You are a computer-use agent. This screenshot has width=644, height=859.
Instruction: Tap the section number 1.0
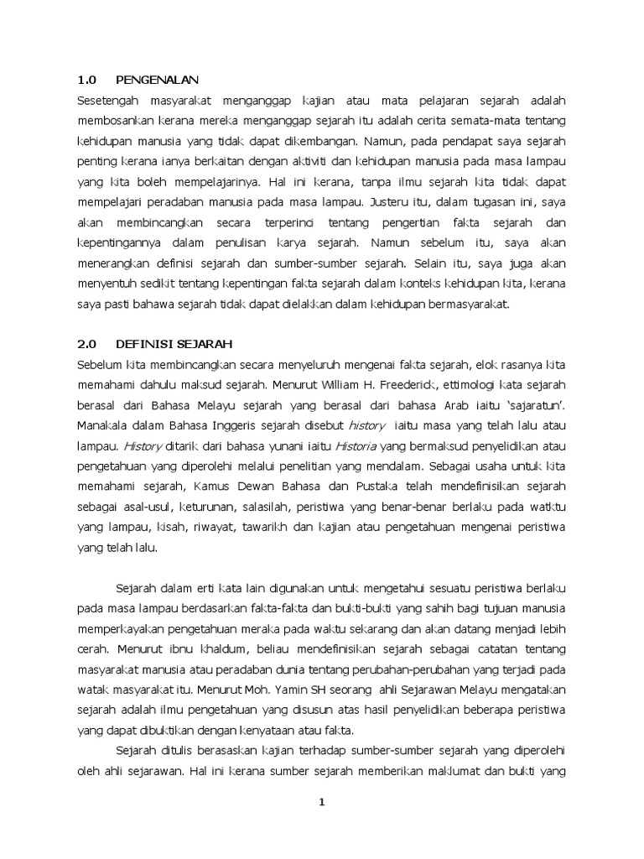(x=87, y=80)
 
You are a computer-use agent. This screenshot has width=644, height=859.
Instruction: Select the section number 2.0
(x=87, y=344)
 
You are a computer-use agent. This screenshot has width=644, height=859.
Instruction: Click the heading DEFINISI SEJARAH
(x=174, y=344)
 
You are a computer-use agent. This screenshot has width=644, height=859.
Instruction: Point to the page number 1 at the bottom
(x=322, y=803)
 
